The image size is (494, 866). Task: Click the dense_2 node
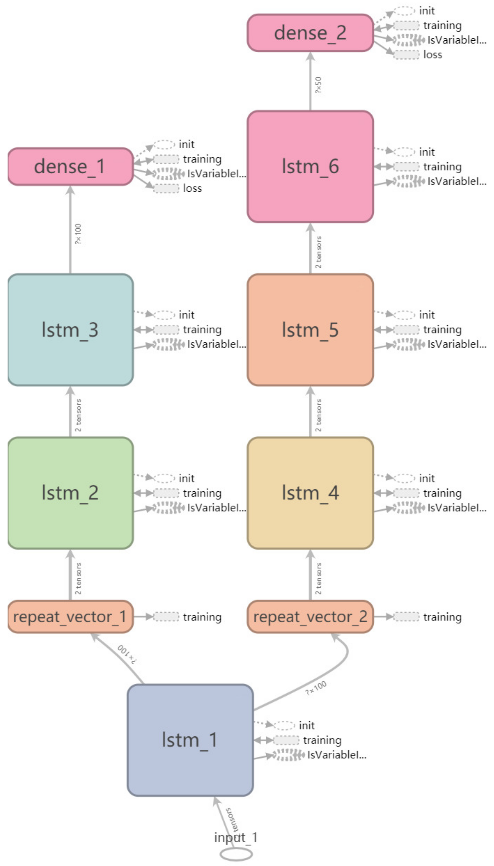click(310, 33)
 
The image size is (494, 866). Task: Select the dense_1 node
click(70, 167)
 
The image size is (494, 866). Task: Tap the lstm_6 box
click(310, 167)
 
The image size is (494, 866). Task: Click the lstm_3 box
click(70, 330)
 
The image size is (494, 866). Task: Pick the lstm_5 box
click(310, 330)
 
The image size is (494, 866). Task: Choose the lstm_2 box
click(70, 493)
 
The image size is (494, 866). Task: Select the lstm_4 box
click(310, 493)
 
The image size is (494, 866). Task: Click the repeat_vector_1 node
click(70, 616)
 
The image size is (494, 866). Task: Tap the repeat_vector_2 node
click(310, 616)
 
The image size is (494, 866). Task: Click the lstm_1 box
click(190, 740)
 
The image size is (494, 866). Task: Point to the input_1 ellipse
click(236, 854)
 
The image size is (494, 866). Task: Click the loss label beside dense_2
click(433, 55)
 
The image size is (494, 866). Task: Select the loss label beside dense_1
click(192, 188)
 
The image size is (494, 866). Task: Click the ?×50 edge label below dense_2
click(318, 85)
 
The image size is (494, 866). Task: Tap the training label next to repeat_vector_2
click(442, 617)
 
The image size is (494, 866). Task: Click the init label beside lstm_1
click(306, 725)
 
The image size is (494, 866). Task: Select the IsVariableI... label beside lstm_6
click(456, 181)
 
